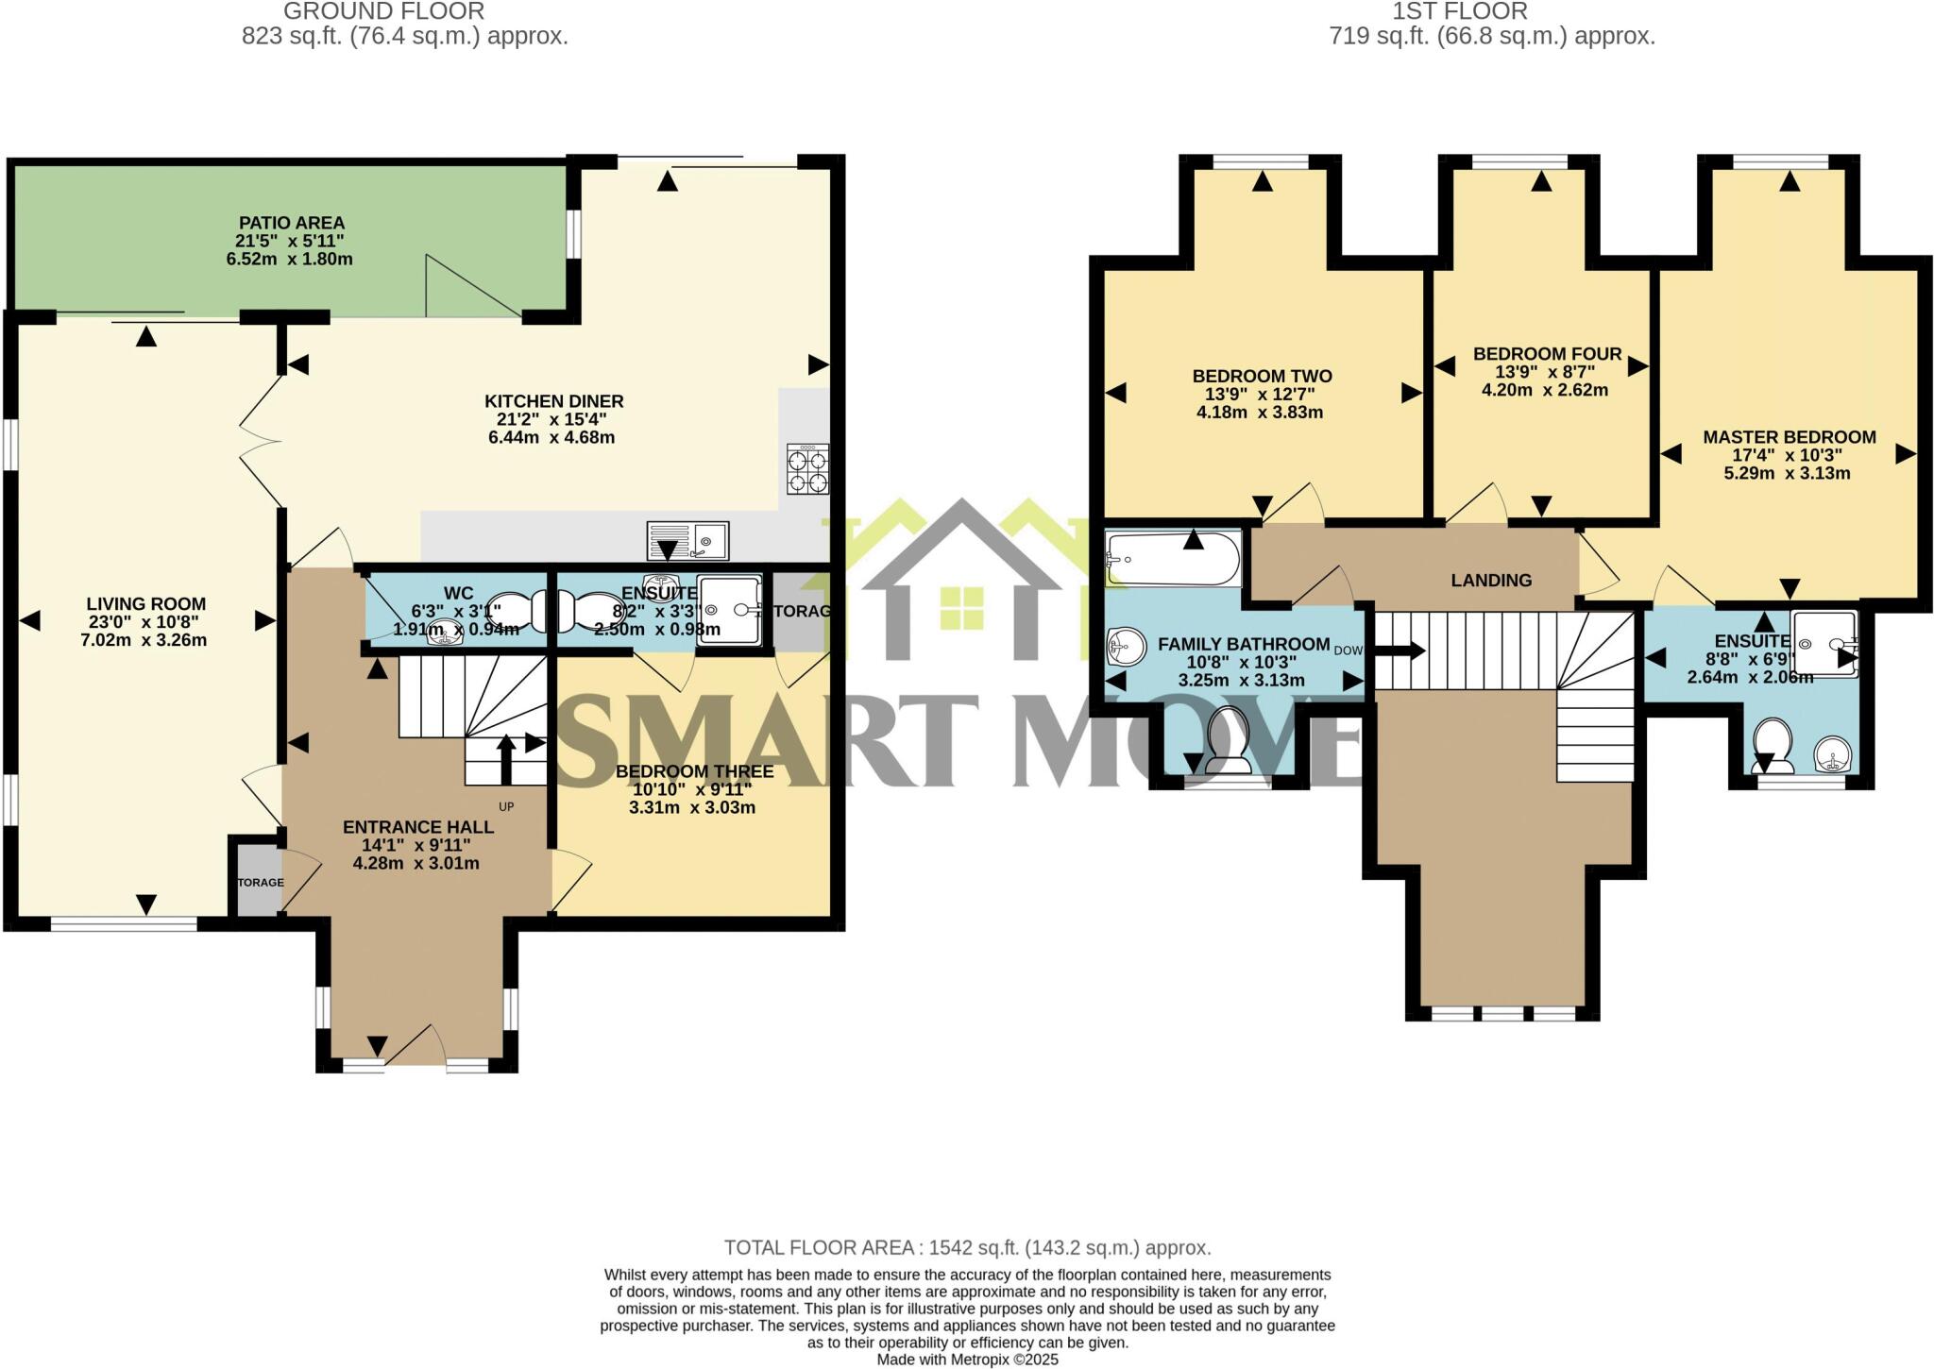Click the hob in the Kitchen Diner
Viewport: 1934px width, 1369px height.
[808, 469]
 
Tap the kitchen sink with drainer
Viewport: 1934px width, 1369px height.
[687, 540]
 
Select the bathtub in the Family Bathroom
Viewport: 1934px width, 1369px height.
[1173, 559]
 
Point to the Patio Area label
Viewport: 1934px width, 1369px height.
[291, 223]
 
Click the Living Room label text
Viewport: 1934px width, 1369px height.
[145, 604]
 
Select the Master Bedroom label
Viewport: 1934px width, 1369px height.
[1789, 437]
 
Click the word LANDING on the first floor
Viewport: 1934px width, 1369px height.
[1491, 581]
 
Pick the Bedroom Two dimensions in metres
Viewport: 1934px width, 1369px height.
[1259, 413]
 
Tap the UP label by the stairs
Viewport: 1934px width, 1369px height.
[506, 807]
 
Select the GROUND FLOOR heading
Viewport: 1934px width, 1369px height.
[383, 12]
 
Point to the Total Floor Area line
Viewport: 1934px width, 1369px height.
[967, 1248]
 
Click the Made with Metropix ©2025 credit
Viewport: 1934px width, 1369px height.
[967, 1360]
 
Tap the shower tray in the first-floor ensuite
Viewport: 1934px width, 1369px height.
[1824, 644]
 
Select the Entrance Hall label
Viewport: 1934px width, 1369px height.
[417, 827]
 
